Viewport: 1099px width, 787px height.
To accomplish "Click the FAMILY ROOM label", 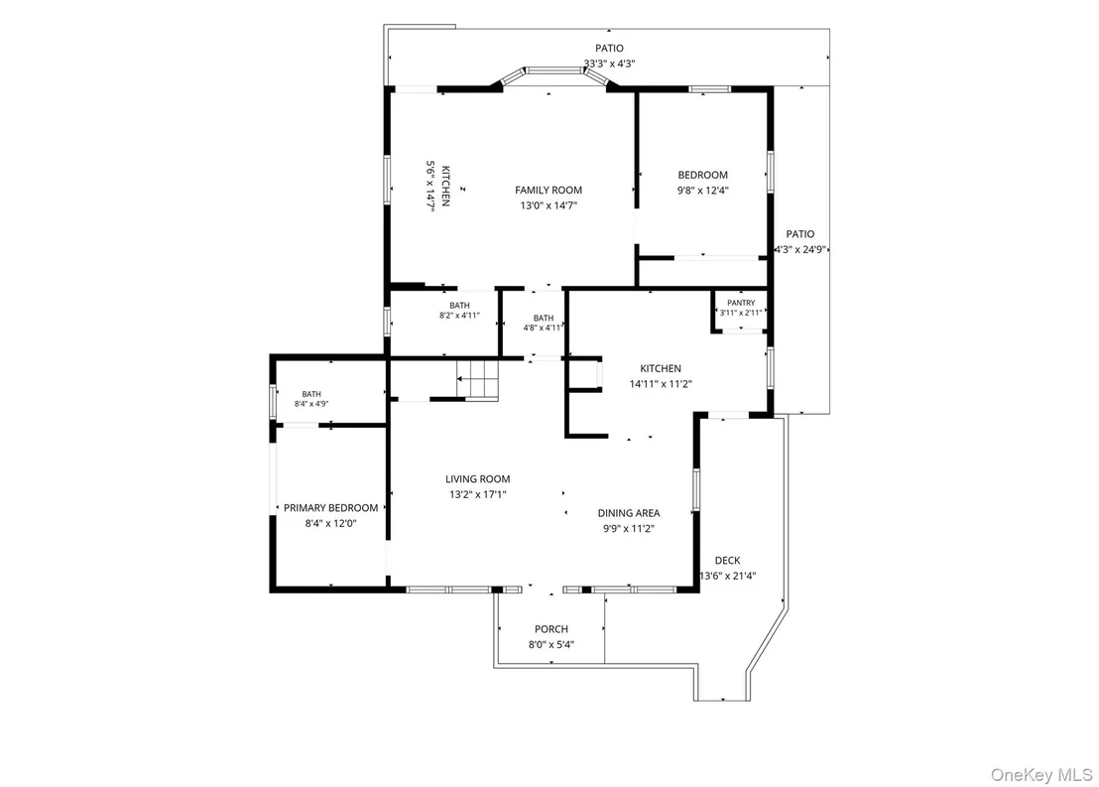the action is coord(549,191).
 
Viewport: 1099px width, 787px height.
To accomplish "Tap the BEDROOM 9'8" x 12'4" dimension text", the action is coord(703,191).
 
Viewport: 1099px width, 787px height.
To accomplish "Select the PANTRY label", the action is coord(741,303).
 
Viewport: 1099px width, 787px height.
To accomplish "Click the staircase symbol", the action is coord(477,379).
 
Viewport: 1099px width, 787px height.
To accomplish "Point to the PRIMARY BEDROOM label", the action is coord(331,508).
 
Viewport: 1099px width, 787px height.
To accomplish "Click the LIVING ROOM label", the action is coord(478,479).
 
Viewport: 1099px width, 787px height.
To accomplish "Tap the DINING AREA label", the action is coord(629,513).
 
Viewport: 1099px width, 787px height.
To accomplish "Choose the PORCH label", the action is coord(551,629).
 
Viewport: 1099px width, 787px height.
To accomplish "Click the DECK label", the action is coord(727,561).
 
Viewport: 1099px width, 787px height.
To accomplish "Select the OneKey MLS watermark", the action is coord(1040,775).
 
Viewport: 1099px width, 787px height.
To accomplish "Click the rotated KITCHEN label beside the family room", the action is coord(445,186).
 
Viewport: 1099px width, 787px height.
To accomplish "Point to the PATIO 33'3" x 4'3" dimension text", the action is coord(610,64).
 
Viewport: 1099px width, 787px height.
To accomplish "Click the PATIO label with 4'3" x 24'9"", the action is coord(800,234).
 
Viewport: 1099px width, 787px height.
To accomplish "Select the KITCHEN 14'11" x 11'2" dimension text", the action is coord(661,384).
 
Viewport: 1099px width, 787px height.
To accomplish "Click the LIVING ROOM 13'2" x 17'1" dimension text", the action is coord(478,494).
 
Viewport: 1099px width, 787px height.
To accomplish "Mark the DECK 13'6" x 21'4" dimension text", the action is coord(727,576).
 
